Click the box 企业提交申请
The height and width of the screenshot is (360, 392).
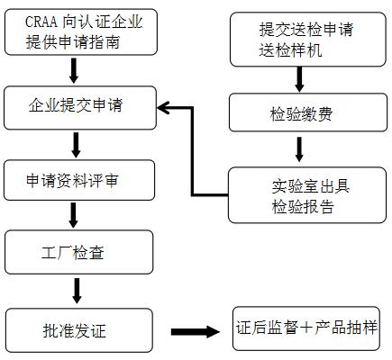click(80, 108)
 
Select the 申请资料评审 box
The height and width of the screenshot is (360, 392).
click(79, 180)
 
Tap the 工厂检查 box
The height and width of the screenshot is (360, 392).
click(78, 252)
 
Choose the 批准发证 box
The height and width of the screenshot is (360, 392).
click(79, 330)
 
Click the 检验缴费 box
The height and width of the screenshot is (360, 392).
click(308, 112)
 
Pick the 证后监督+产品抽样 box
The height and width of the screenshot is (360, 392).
click(306, 328)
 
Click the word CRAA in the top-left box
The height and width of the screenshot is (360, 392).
click(41, 22)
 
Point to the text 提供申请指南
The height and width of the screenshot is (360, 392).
click(73, 42)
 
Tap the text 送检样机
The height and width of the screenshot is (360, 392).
click(290, 49)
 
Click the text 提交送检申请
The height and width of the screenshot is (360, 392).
click(306, 30)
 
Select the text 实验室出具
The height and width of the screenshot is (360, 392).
click(311, 186)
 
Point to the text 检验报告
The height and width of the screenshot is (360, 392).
click(303, 207)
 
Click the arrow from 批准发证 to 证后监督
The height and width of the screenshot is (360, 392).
click(196, 332)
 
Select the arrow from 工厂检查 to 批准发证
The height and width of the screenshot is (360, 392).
click(77, 291)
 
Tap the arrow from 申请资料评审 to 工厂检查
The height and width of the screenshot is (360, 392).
click(73, 215)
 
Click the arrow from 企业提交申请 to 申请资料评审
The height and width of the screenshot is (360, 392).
click(76, 145)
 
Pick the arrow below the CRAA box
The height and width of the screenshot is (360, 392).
click(74, 71)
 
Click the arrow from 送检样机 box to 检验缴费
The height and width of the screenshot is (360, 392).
click(299, 79)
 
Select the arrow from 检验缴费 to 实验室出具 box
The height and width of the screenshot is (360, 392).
click(299, 149)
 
